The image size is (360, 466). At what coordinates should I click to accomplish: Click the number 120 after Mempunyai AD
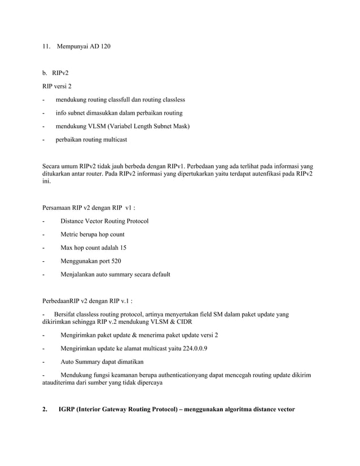click(104, 46)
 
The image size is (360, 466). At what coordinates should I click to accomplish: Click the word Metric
click(71, 234)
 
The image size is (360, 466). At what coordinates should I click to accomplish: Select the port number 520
click(116, 261)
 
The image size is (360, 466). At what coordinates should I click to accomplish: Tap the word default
click(160, 274)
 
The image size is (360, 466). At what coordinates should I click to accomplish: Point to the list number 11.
click(46, 46)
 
